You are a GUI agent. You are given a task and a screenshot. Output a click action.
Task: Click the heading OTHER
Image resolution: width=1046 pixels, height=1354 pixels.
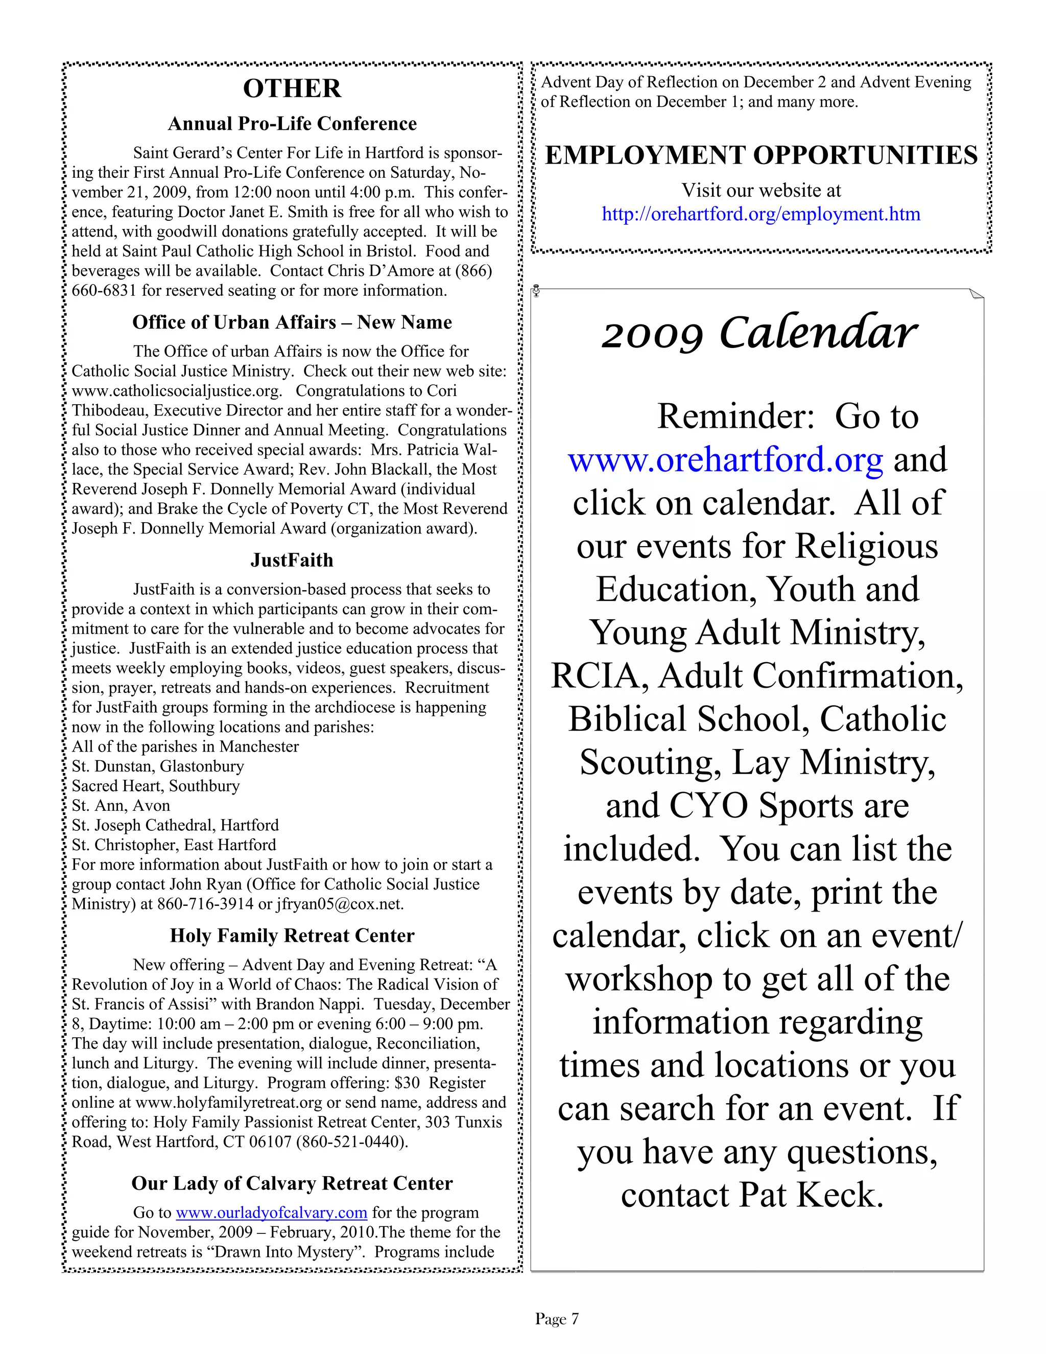click(x=292, y=89)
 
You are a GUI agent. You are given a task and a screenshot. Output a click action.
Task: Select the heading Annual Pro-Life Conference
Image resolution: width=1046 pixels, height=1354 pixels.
click(x=292, y=124)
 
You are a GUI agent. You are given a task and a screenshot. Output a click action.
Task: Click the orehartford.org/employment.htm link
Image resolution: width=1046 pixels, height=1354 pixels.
click(x=761, y=215)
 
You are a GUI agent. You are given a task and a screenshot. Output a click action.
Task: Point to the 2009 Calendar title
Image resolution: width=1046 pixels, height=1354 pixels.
click(x=758, y=334)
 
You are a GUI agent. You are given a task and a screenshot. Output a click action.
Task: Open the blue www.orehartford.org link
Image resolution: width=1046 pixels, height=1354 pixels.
click(x=726, y=460)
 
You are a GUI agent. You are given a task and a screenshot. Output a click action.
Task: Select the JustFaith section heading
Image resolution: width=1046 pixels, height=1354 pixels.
click(x=292, y=561)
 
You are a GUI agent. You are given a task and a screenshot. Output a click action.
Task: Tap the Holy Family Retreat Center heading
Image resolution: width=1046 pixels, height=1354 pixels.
click(x=292, y=936)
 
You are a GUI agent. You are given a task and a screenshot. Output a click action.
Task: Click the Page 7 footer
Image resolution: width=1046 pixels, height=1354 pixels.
click(x=557, y=1319)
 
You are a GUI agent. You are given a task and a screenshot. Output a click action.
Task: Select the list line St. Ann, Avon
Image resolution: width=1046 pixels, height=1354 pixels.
click(x=121, y=806)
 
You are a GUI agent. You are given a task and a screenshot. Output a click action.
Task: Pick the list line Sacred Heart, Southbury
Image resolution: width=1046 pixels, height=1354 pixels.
click(x=156, y=786)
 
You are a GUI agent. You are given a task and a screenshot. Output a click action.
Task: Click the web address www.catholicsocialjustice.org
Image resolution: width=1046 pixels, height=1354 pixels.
click(x=177, y=392)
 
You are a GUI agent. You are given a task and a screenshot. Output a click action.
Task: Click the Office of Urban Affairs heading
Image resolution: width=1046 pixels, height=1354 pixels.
click(x=292, y=322)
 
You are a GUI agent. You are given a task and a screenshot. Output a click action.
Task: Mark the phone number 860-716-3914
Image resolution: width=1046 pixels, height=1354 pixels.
click(x=205, y=904)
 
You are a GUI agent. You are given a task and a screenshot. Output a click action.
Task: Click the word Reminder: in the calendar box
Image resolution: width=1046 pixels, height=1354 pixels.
click(x=735, y=416)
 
